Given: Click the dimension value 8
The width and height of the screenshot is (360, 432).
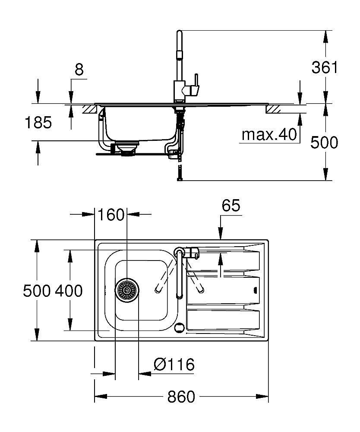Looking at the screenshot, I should tap(79, 70).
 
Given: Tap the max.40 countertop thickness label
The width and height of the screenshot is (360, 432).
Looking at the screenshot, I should tap(270, 135).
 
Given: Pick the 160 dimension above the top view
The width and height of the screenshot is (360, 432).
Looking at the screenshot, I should tap(111, 214).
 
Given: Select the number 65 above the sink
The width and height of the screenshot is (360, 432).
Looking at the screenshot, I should tap(231, 206).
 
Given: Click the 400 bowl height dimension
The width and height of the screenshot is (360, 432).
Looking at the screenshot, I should tap(69, 291).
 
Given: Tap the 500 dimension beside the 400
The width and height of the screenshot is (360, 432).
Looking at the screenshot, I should tap(37, 291).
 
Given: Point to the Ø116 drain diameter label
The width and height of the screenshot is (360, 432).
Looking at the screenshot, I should tap(174, 365).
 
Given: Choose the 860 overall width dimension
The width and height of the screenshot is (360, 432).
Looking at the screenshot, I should tap(181, 396).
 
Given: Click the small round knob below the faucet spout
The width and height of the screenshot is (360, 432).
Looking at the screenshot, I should tap(179, 327).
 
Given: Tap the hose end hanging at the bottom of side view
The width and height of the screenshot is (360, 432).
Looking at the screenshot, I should tap(180, 175).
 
